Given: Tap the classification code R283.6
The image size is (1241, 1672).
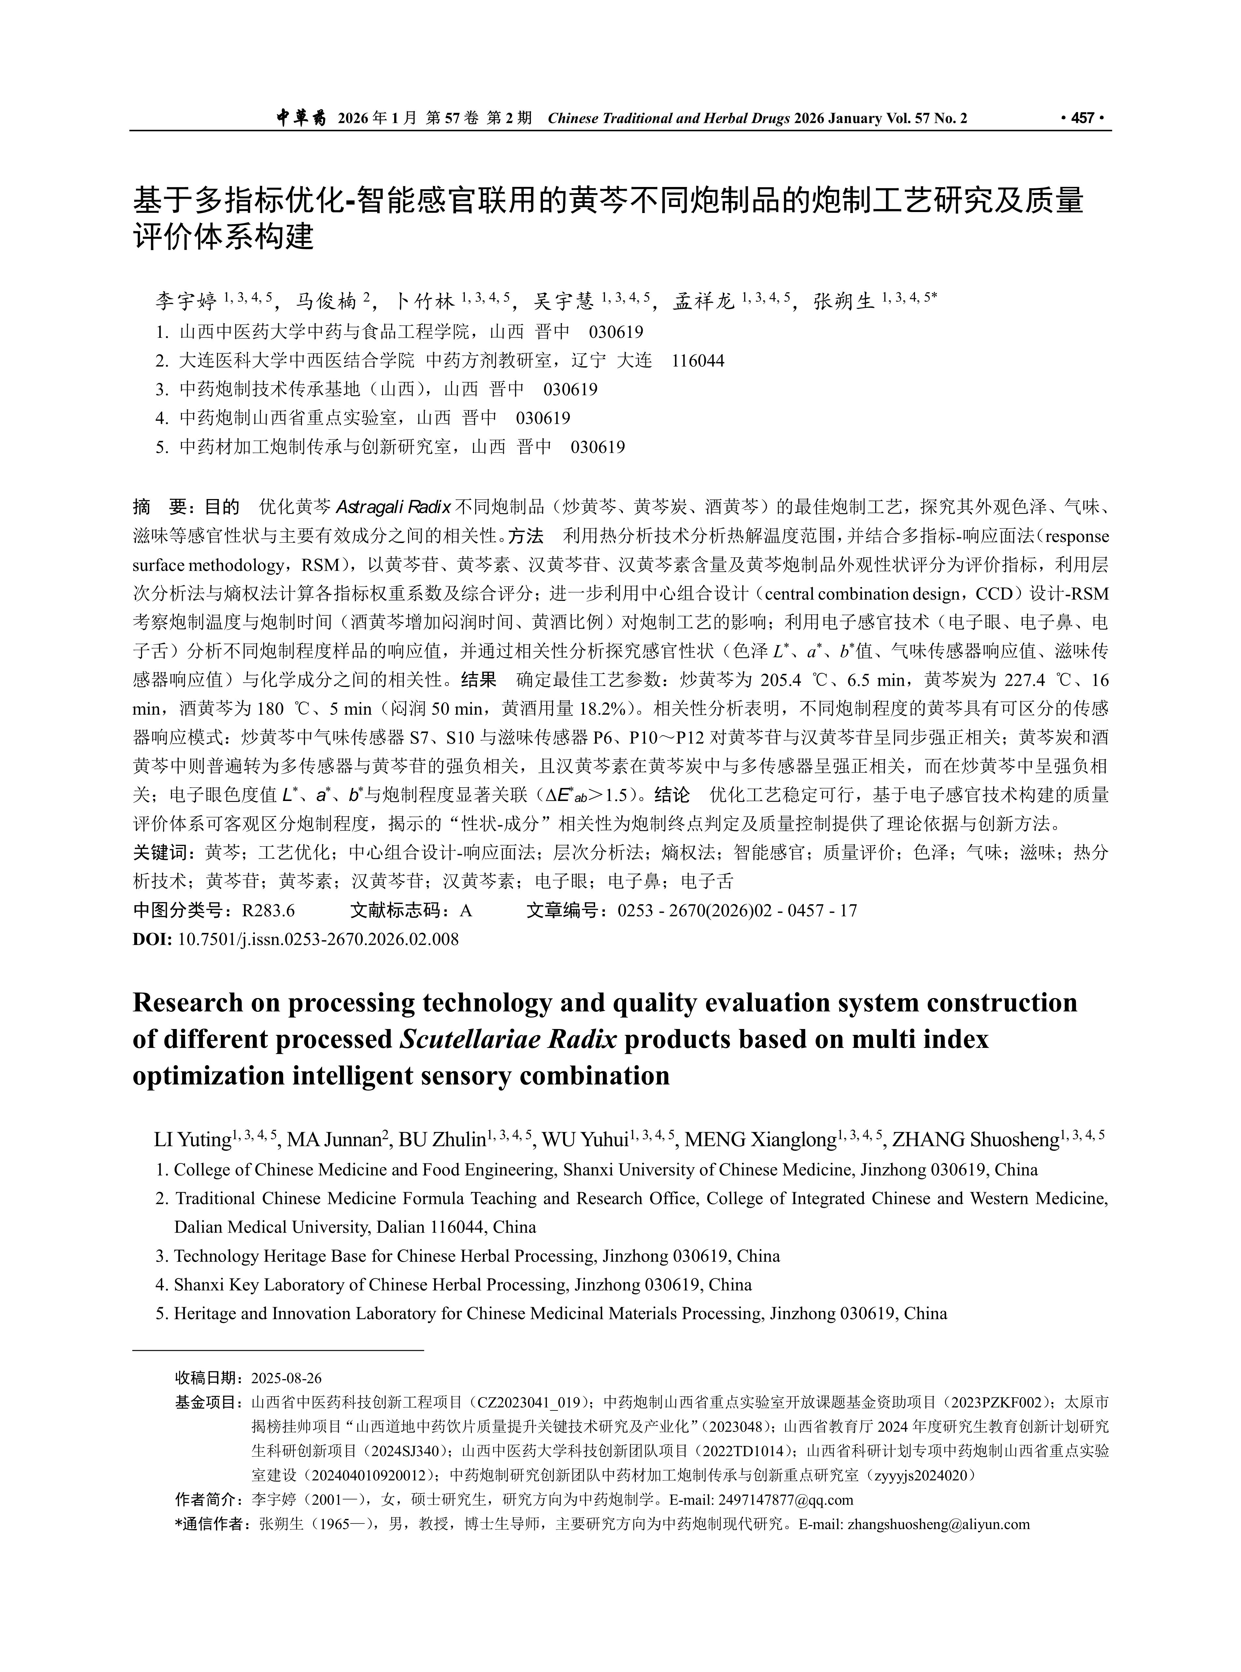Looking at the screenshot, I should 268,911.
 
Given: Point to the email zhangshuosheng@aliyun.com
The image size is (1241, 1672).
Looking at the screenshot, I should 938,1525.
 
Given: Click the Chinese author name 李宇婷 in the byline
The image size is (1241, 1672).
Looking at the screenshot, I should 186,302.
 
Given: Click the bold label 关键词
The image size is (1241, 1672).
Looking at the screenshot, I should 164,853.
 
